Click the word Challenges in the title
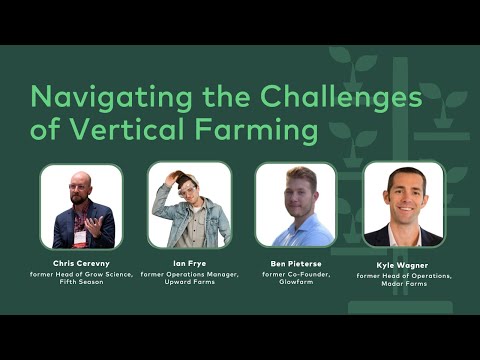341,98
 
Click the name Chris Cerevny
81,264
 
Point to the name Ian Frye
190,264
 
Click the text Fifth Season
81,282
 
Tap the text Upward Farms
190,282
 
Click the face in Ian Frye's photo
191,192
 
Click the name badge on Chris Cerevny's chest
80,237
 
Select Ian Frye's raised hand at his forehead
175,181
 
